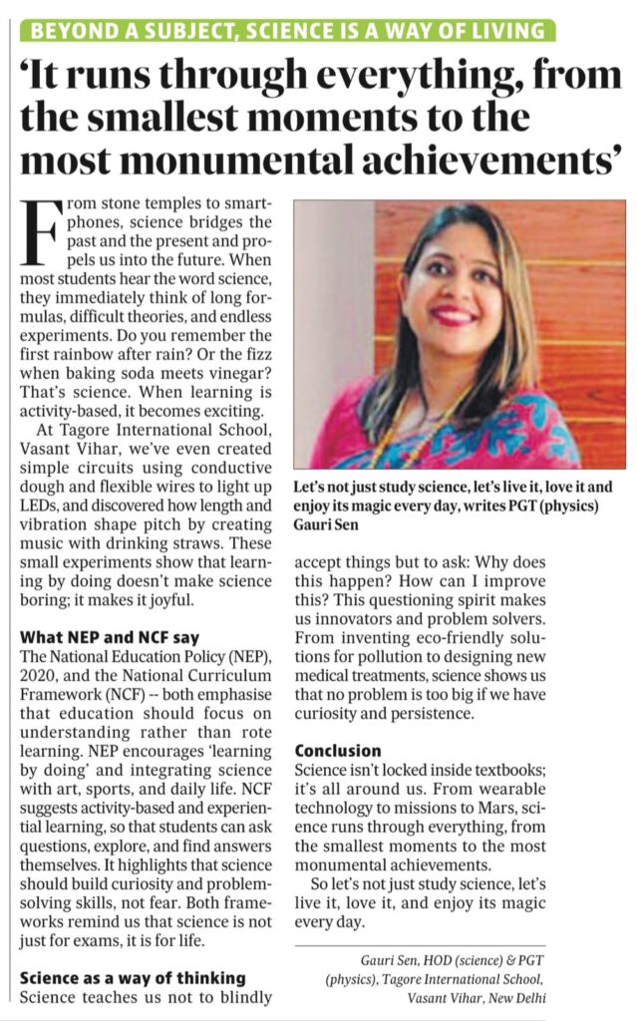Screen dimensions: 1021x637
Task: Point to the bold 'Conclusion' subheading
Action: tap(338, 750)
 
